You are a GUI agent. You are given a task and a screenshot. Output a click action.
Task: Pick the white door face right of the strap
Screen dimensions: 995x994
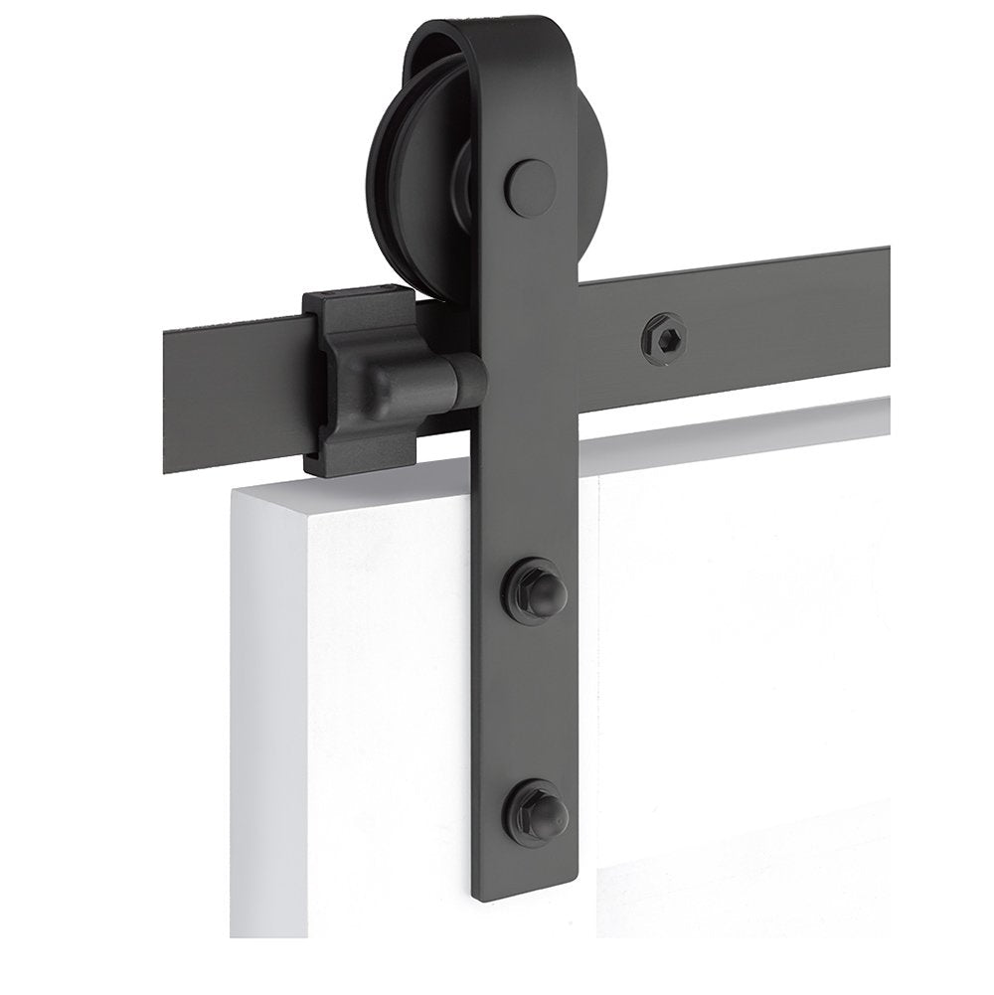[745, 646]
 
